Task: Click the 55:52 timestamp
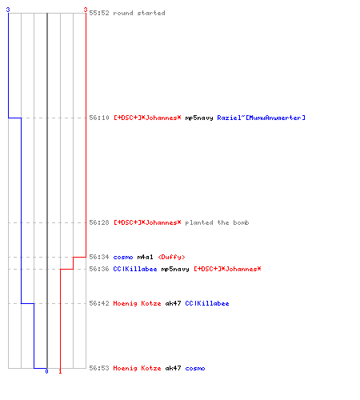(x=99, y=13)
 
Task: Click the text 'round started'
(x=139, y=13)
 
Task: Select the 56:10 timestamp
(x=99, y=118)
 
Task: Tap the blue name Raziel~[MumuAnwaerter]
(x=261, y=118)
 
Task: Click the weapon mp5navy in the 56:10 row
(x=199, y=118)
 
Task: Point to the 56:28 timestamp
(x=99, y=222)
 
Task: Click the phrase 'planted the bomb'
(x=217, y=222)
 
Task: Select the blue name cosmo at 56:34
(x=123, y=257)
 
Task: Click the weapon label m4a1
(x=145, y=257)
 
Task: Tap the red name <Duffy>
(x=171, y=257)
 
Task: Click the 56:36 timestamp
(x=99, y=269)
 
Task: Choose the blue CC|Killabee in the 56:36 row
(x=135, y=269)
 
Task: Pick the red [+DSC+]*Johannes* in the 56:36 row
(x=227, y=269)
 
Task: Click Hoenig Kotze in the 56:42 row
(x=137, y=303)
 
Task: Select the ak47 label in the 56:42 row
(x=173, y=303)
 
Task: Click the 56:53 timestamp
(x=99, y=368)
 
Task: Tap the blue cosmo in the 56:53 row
(x=195, y=368)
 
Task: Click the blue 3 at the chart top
(x=8, y=10)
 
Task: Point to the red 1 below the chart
(x=60, y=371)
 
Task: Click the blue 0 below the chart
(x=46, y=371)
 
